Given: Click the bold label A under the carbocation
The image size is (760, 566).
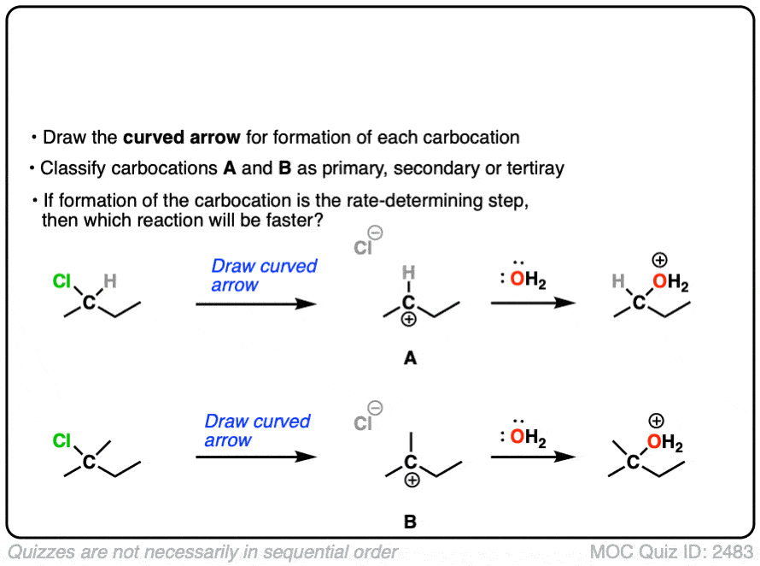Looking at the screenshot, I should click(410, 360).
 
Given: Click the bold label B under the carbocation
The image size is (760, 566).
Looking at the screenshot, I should click(410, 522).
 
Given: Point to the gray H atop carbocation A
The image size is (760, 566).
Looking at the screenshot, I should click(408, 273).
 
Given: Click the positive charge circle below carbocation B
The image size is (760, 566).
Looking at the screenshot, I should click(412, 481).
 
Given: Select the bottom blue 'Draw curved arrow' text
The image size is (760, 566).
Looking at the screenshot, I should click(258, 431).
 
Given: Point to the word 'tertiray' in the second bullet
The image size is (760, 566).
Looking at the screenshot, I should click(530, 168).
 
